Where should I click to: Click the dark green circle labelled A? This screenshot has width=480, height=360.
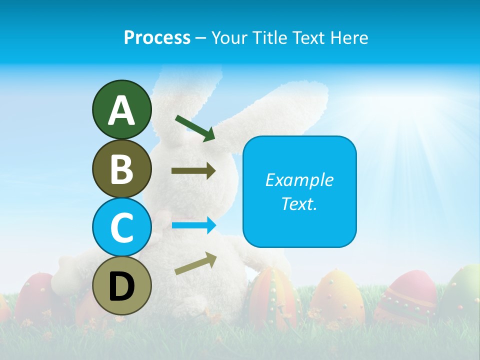click(121, 109)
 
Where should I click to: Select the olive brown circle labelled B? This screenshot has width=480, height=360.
click(121, 168)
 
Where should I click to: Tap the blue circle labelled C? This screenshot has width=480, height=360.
click(121, 227)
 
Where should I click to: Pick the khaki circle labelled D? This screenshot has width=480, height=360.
click(121, 286)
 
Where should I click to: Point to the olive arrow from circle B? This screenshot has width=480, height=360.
click(193, 171)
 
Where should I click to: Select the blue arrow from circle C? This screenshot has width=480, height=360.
click(194, 225)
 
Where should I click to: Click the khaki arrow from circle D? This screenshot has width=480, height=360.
click(195, 264)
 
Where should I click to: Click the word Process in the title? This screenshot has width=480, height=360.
click(157, 37)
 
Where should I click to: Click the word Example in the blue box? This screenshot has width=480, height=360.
click(299, 180)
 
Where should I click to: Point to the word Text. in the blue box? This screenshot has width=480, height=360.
click(299, 203)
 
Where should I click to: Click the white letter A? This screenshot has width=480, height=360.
click(121, 110)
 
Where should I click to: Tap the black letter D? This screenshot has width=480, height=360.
click(121, 286)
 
